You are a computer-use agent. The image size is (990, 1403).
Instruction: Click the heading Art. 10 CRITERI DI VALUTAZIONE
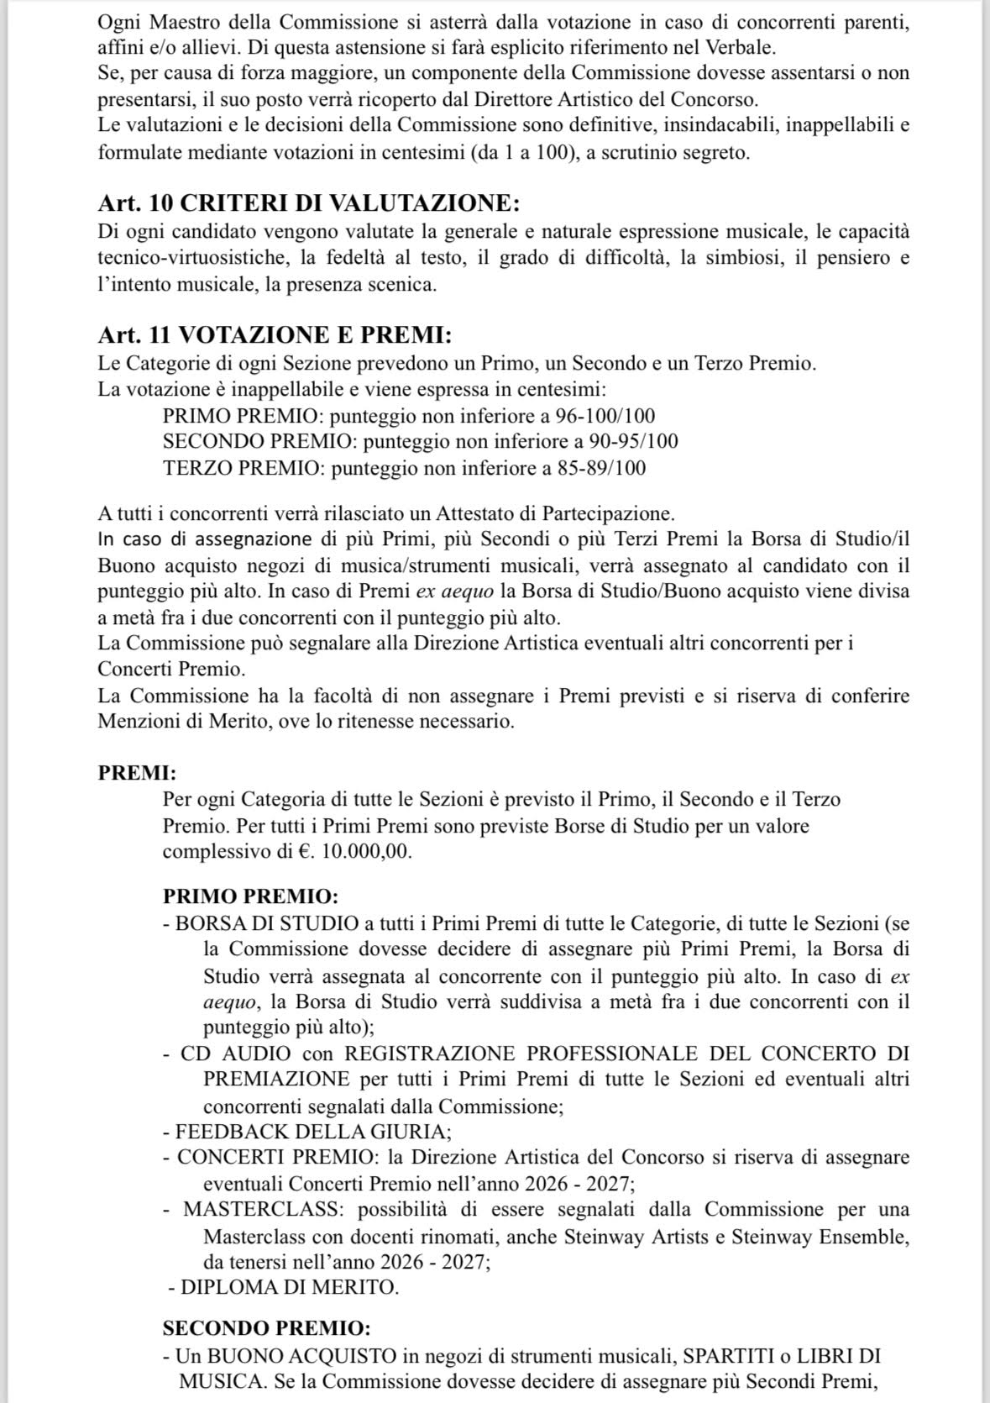[308, 203]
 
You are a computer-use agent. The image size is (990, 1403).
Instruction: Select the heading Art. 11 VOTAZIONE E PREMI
[275, 335]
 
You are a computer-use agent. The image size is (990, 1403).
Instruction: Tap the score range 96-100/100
[605, 416]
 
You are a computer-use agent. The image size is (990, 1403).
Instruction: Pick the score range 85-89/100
[601, 467]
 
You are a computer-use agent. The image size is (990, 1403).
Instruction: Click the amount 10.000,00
[366, 851]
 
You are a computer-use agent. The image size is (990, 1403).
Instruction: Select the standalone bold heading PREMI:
[137, 773]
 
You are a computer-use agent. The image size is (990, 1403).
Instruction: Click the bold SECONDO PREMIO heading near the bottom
[266, 1328]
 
